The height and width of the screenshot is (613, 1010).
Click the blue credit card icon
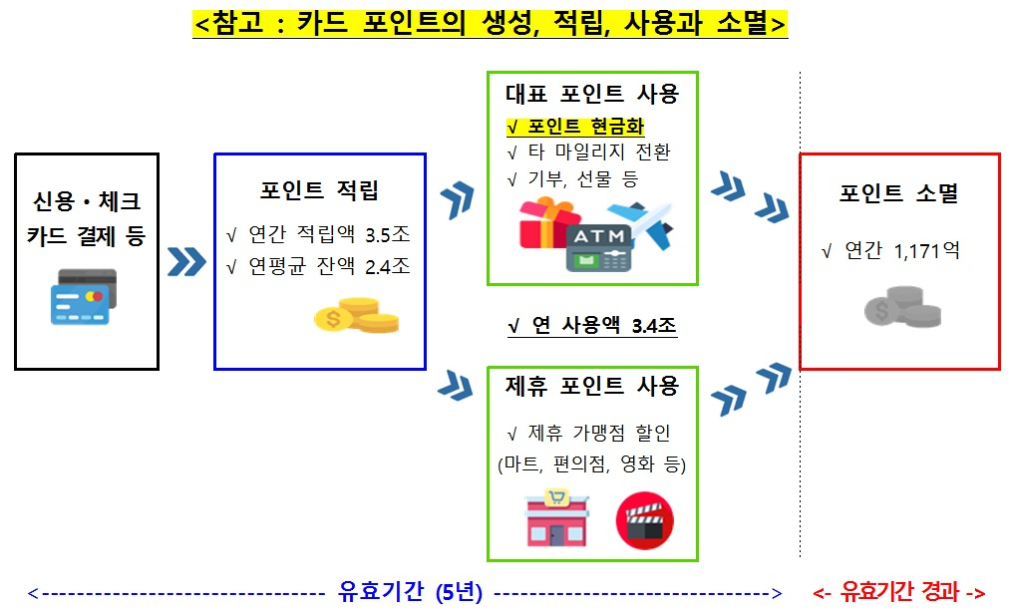tap(84, 297)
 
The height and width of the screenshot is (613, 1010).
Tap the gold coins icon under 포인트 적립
tap(356, 315)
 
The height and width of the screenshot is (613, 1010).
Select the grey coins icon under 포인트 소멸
tap(902, 307)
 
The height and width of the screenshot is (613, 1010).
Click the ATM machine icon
tap(598, 248)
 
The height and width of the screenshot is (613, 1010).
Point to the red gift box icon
tap(547, 223)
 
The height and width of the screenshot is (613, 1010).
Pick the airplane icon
tap(641, 224)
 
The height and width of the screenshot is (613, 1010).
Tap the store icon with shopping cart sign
tap(556, 518)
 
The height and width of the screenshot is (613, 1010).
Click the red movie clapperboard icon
tap(645, 521)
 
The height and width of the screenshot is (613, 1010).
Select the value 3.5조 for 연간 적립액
tap(388, 235)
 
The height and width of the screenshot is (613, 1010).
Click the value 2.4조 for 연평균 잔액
tap(388, 266)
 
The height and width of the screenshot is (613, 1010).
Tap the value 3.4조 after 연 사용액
tap(654, 326)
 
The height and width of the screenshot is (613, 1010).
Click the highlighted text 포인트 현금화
tap(586, 127)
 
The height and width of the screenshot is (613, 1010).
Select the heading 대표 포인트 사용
tap(592, 94)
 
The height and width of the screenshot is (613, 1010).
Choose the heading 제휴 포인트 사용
tap(592, 387)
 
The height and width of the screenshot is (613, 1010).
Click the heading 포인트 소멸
tap(899, 193)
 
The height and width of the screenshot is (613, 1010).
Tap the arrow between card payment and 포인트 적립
tap(186, 261)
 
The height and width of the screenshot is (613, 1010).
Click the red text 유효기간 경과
tap(900, 591)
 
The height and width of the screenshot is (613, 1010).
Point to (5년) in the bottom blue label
tap(459, 592)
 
